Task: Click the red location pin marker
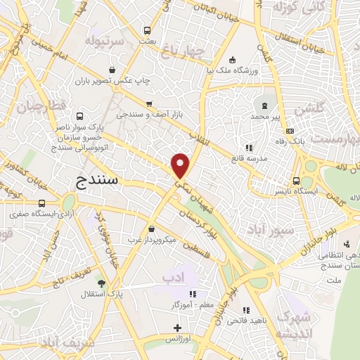(x=181, y=165)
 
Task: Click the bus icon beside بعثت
(x=147, y=30)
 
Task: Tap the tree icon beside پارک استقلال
(x=103, y=283)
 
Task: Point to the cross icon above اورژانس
(x=178, y=328)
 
